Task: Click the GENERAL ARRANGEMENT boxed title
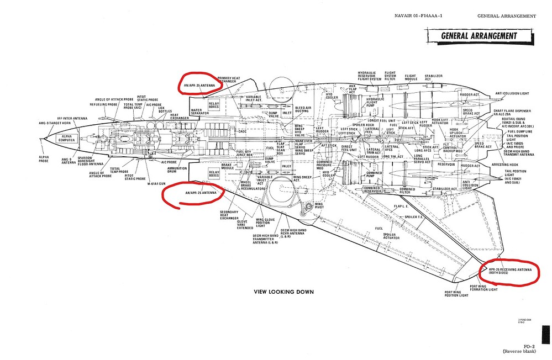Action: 479,36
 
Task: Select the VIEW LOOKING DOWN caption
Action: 283,292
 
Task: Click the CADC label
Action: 241,131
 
